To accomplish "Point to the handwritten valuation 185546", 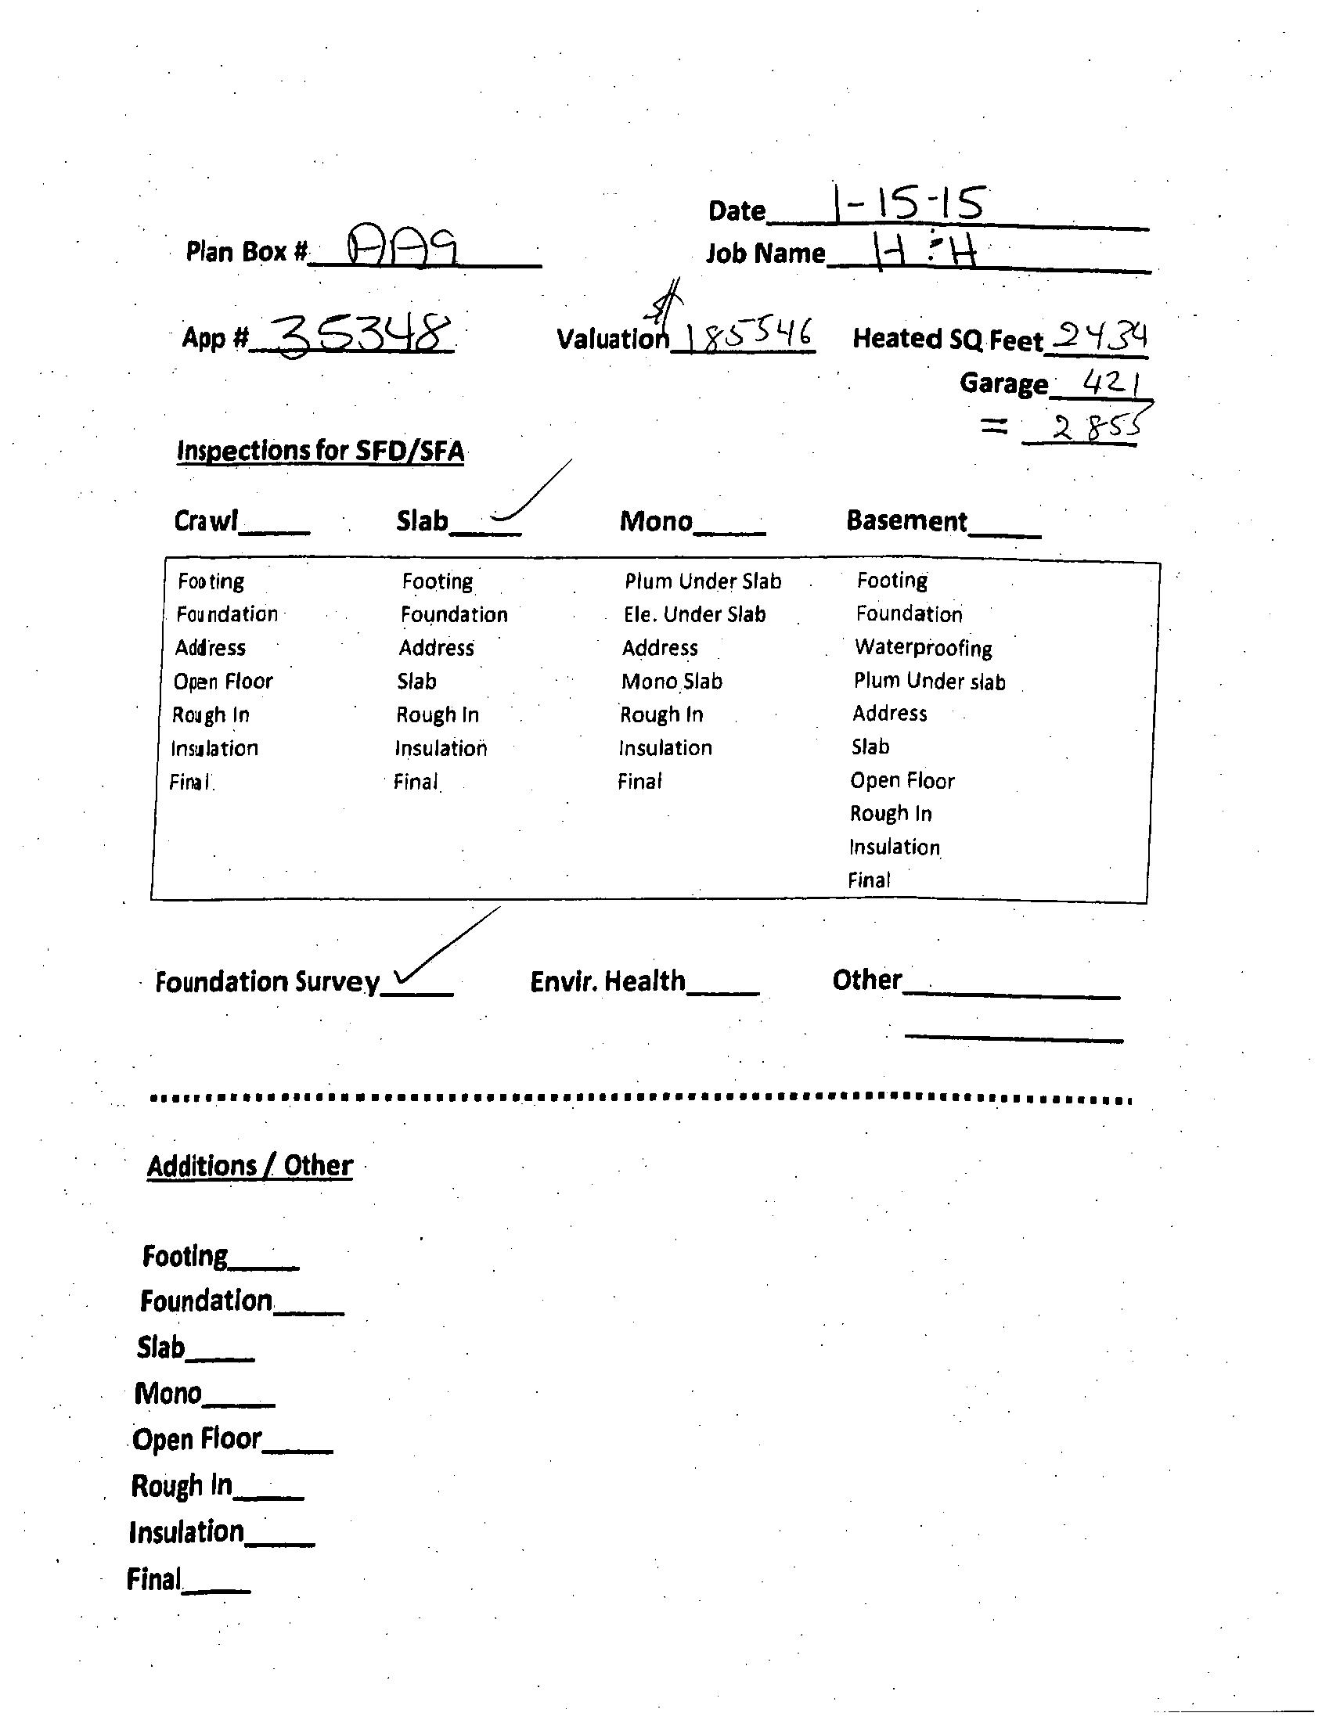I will point(747,336).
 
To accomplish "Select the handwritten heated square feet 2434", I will point(1100,336).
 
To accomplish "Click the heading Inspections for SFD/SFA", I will point(320,451).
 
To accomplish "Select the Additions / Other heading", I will point(250,1165).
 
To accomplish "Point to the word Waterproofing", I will point(923,648).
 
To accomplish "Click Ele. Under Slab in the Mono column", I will point(694,614).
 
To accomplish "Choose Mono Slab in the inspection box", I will point(672,681).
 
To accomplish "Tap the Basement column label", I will point(906,521).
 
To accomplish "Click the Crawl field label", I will point(205,521).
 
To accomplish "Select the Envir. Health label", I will point(607,981).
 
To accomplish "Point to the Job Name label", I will point(765,254).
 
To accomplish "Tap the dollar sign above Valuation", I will point(667,303).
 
